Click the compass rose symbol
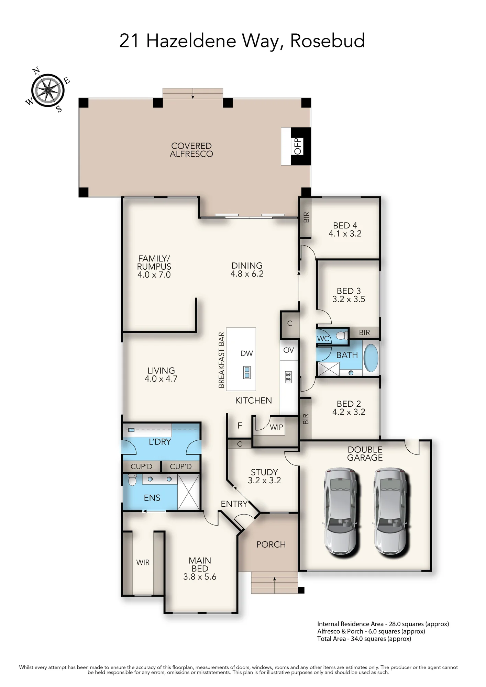(x=48, y=90)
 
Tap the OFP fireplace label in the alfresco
(x=298, y=146)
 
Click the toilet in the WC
(x=342, y=335)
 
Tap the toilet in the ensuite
(x=132, y=480)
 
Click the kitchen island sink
(x=247, y=372)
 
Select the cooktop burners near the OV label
(x=288, y=377)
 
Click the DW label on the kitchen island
(x=247, y=353)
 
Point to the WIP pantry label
(x=276, y=427)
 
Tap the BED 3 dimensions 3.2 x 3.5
(x=349, y=299)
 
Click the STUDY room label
(x=264, y=472)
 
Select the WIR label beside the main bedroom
(x=143, y=562)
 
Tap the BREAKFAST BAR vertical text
(x=221, y=360)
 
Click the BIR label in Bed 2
(x=306, y=419)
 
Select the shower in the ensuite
(x=189, y=492)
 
